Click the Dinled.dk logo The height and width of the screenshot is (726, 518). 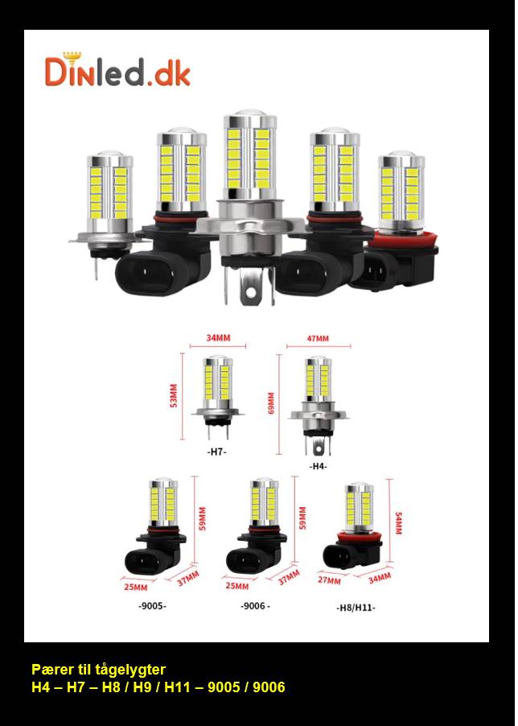[117, 69]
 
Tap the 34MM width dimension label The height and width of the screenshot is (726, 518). [218, 338]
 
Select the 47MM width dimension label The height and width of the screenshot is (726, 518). [318, 339]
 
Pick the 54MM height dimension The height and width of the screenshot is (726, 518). [399, 522]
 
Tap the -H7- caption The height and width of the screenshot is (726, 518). [216, 452]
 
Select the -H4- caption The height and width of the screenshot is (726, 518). [319, 467]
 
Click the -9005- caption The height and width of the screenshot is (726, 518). [152, 606]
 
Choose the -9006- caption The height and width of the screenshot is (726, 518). [255, 606]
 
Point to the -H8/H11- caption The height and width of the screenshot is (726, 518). [356, 608]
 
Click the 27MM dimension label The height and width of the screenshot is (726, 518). [329, 580]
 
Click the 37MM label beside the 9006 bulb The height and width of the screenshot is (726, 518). [289, 577]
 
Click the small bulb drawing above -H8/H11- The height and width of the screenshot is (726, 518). [352, 526]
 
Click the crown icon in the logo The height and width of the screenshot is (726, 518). [72, 57]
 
